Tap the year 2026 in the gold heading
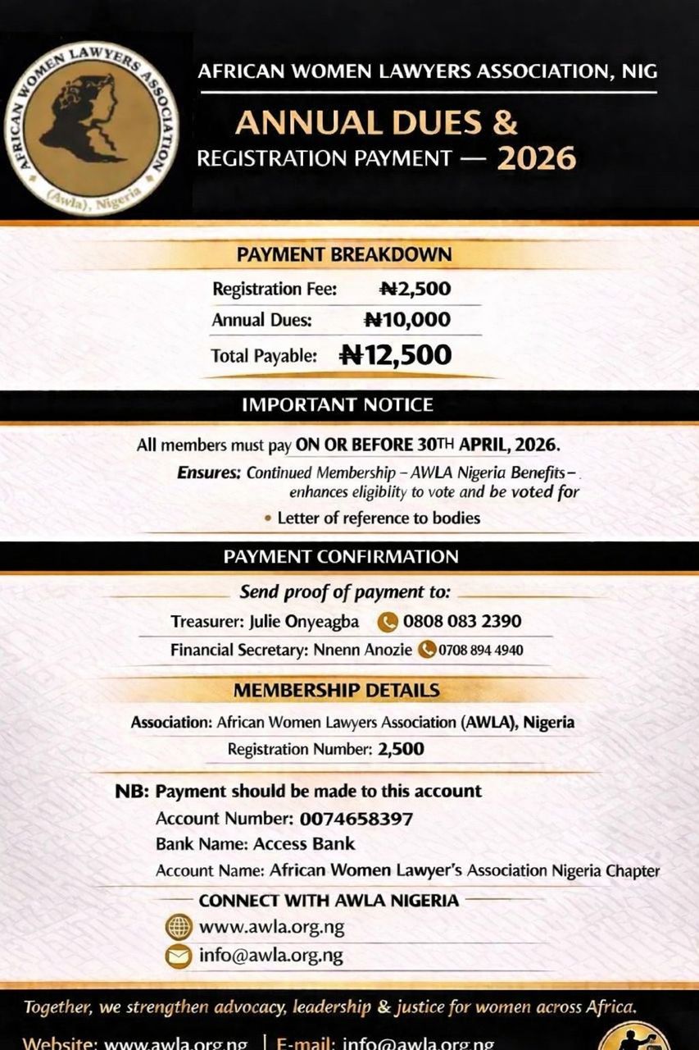536,157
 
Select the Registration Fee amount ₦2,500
415,289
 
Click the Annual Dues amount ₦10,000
407,320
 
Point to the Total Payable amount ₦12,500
395,355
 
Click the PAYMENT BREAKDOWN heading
343,254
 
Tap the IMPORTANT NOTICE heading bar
338,405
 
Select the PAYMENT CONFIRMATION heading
341,557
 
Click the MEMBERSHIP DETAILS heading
336,691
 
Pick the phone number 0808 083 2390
461,622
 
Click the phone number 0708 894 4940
480,651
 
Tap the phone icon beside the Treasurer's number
387,622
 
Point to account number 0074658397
356,819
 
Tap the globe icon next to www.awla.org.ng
179,927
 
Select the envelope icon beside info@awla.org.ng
179,956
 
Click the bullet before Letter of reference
268,518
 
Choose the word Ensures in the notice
209,472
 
